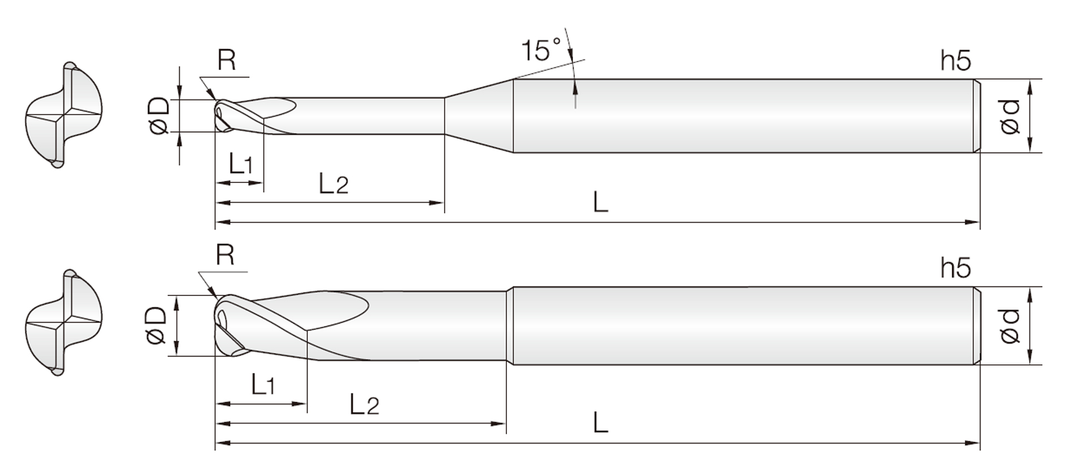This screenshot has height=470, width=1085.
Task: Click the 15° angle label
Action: click(541, 50)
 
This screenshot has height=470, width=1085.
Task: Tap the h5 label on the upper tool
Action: click(956, 60)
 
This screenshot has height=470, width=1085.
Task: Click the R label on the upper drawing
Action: click(226, 60)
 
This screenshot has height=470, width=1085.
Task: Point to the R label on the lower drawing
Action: click(225, 255)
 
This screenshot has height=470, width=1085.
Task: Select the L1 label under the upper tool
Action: click(241, 164)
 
